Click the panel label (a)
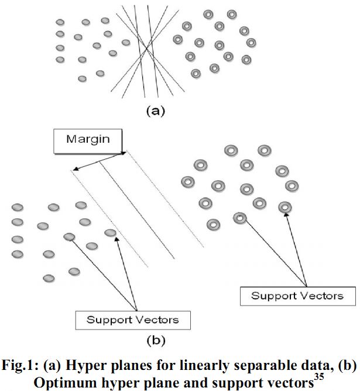point(152,110)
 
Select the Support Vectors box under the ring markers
point(297,295)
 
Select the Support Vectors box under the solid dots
point(132,320)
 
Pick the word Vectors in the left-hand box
point(157,320)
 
